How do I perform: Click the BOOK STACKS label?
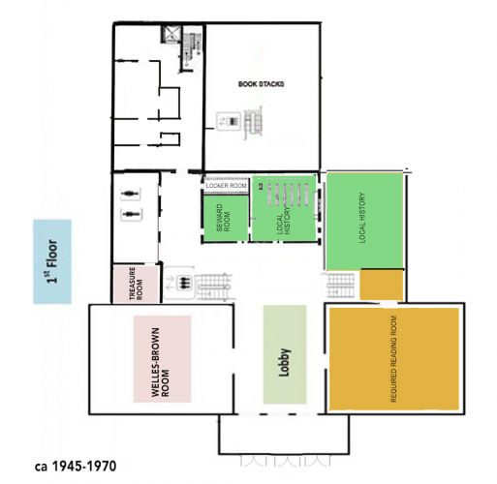tap(261, 84)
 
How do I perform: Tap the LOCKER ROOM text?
tap(226, 186)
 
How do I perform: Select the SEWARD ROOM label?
tap(223, 218)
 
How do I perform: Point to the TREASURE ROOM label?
tap(136, 284)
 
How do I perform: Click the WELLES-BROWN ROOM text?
tap(160, 362)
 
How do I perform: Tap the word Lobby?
tap(285, 362)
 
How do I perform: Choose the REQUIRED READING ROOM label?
tap(393, 359)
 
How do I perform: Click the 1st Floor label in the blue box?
tap(52, 261)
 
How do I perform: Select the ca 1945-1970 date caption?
tap(76, 467)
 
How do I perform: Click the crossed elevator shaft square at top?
tap(170, 34)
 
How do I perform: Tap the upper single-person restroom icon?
tap(130, 194)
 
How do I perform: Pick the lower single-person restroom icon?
tap(130, 214)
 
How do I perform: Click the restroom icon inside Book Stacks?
tap(229, 121)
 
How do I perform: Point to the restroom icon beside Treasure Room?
tap(179, 284)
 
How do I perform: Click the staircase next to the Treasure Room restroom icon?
tap(214, 287)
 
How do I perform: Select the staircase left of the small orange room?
tap(340, 286)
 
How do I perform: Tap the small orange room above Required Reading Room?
tap(382, 286)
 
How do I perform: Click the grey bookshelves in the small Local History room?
tap(288, 195)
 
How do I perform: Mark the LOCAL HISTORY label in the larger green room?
tap(362, 218)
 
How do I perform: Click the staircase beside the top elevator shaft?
tap(191, 48)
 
